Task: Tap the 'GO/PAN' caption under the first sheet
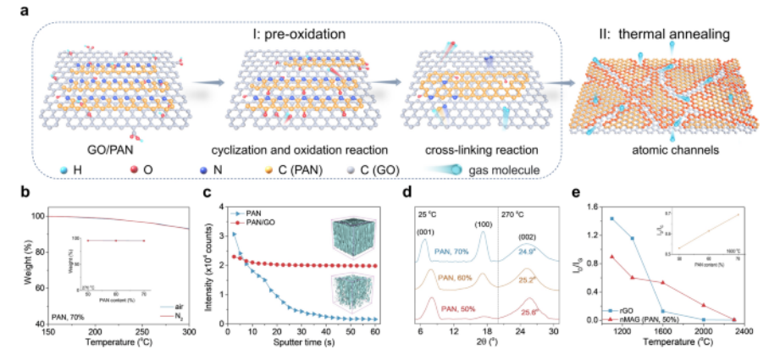tap(113, 152)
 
